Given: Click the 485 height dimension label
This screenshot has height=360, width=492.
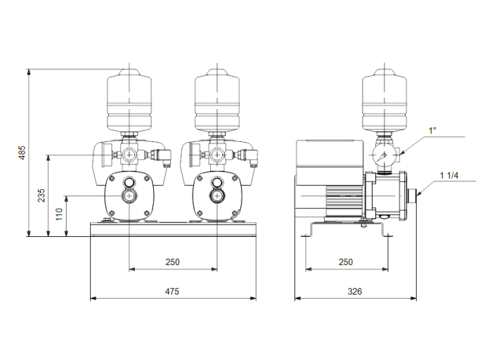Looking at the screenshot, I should [22, 153].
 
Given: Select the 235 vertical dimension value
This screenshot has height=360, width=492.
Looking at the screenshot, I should [41, 194].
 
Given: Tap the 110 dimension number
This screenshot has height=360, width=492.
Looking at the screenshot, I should [60, 212].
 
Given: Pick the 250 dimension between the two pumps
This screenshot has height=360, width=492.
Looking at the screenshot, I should [173, 262].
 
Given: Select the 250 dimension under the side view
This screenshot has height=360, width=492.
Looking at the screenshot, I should [345, 262].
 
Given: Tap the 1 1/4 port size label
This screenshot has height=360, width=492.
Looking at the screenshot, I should [451, 175].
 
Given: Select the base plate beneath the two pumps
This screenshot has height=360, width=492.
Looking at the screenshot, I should [173, 230].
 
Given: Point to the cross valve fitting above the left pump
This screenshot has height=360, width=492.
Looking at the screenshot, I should [130, 153].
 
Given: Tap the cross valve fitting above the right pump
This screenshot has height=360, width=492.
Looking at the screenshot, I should [217, 153].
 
